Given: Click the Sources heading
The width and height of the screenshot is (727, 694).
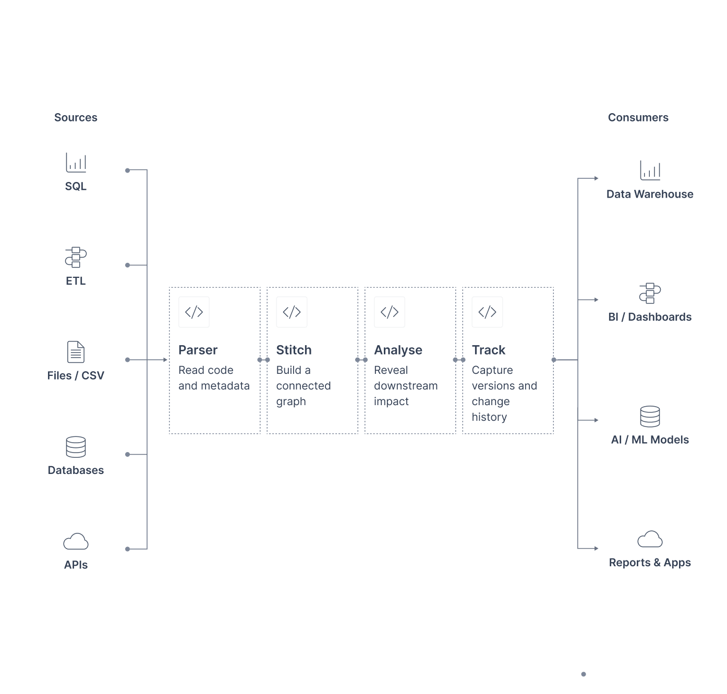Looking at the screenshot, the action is pyautogui.click(x=76, y=117).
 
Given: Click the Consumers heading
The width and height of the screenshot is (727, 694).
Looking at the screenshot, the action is pyautogui.click(x=638, y=117).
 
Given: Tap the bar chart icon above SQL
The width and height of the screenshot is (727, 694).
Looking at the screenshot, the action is pyautogui.click(x=76, y=162).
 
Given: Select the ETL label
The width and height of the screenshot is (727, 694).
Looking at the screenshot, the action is pyautogui.click(x=76, y=281).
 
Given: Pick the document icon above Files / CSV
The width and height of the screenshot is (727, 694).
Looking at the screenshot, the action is pyautogui.click(x=76, y=351).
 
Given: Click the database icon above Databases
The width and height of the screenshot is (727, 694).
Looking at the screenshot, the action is pyautogui.click(x=76, y=446).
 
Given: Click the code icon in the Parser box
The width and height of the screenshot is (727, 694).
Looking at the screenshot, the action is pyautogui.click(x=194, y=311).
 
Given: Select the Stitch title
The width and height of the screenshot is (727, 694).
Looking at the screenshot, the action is pyautogui.click(x=294, y=350).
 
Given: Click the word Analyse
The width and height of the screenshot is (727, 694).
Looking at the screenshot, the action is pyautogui.click(x=398, y=350).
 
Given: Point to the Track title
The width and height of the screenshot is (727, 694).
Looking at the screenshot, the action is pyautogui.click(x=488, y=350).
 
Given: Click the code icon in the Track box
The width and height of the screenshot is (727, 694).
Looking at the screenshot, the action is pyautogui.click(x=487, y=311).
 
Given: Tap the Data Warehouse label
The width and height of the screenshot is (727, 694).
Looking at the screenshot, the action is pyautogui.click(x=650, y=194).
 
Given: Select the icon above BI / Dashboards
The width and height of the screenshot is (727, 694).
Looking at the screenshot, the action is pyautogui.click(x=650, y=293).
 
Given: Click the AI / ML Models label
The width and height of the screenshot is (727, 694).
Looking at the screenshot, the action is pyautogui.click(x=650, y=439).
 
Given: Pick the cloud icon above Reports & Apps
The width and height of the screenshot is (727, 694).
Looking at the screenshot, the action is pyautogui.click(x=650, y=539).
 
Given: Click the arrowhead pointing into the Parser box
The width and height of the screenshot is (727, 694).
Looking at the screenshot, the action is pyautogui.click(x=165, y=360).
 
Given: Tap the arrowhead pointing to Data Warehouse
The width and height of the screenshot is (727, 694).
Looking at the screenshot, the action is pyautogui.click(x=596, y=178).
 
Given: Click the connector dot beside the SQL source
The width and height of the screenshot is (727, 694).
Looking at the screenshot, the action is pyautogui.click(x=127, y=171).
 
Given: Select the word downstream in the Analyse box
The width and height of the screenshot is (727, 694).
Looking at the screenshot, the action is pyautogui.click(x=406, y=385).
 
